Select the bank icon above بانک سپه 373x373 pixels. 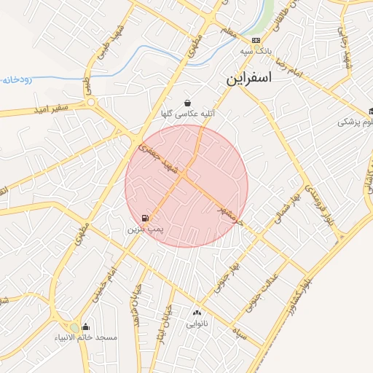point(255,40)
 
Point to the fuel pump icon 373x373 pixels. point(146,218)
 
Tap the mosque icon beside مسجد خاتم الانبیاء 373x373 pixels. point(86,327)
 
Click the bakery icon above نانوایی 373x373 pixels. point(197,312)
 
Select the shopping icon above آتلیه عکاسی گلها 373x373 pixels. point(188,103)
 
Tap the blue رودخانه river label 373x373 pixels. point(16,77)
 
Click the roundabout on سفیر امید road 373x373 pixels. point(93,102)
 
